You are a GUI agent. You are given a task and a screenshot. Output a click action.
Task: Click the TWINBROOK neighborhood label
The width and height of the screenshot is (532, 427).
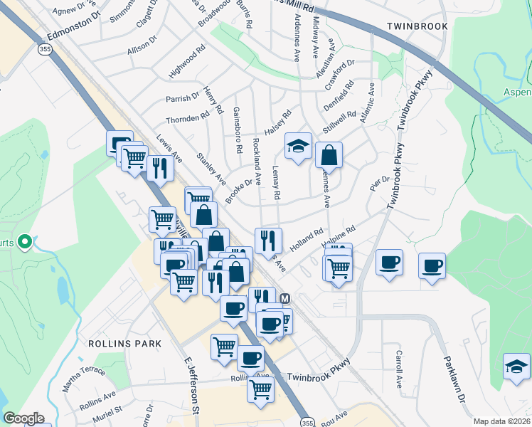pyautogui.click(x=417, y=26)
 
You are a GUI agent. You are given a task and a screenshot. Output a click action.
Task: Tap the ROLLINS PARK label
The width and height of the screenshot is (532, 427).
pyautogui.click(x=124, y=343)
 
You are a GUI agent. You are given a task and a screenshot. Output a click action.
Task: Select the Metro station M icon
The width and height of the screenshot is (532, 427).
pyautogui.click(x=285, y=299)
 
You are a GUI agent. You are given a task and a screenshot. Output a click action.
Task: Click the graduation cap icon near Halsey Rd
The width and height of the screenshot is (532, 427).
pyautogui.click(x=299, y=146)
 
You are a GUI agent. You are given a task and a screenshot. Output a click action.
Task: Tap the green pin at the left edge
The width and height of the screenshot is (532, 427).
pyautogui.click(x=24, y=243)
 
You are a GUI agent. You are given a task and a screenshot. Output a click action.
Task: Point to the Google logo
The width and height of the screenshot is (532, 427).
pyautogui.click(x=23, y=418)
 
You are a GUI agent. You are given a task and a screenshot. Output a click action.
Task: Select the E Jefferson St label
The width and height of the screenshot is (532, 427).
pyautogui.click(x=191, y=384)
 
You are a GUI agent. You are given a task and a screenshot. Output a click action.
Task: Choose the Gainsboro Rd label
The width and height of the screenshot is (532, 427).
pyautogui.click(x=238, y=132)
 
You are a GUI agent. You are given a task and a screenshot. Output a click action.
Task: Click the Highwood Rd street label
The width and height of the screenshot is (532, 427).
pyautogui.click(x=186, y=63)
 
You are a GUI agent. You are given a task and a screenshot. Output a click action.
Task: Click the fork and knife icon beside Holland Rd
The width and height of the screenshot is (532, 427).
pyautogui.click(x=268, y=241)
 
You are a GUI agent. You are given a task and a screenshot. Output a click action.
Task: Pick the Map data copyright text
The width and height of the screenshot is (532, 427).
pyautogui.click(x=501, y=421)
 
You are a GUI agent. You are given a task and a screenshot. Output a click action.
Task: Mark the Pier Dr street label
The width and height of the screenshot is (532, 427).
pyautogui.click(x=376, y=183)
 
